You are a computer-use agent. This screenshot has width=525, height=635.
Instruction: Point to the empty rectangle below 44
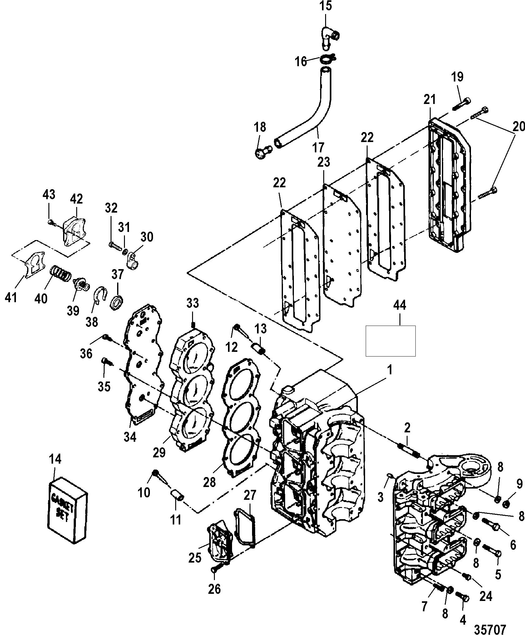point(390,341)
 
